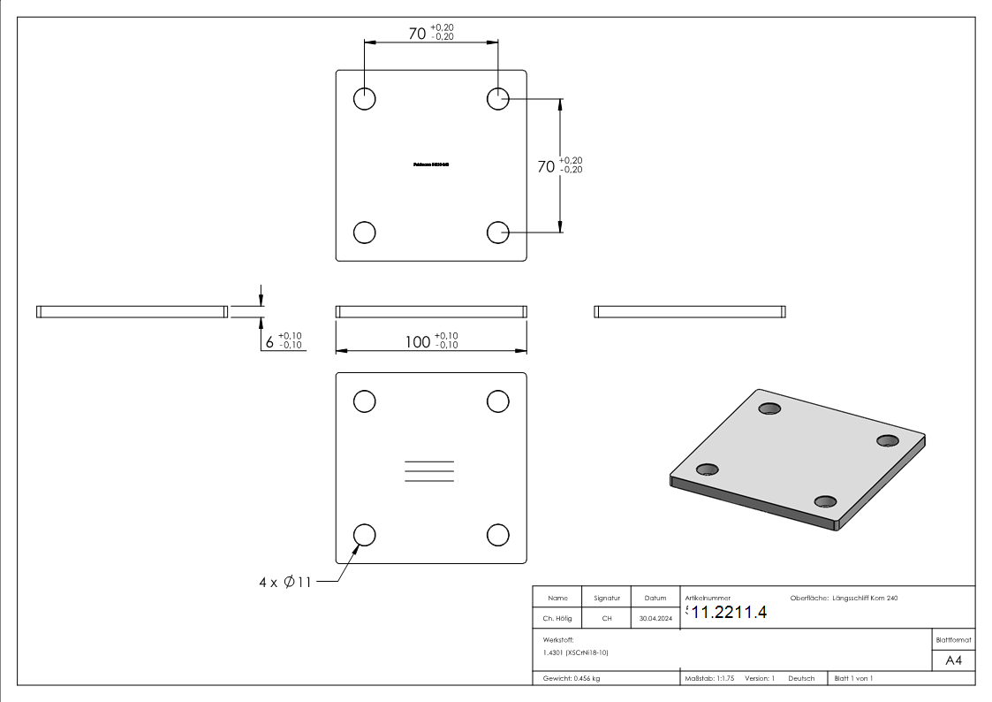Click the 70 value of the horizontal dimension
pyautogui.click(x=417, y=34)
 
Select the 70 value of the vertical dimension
pyautogui.click(x=546, y=166)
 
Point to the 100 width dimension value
pyautogui.click(x=418, y=341)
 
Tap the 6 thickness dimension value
pyautogui.click(x=269, y=341)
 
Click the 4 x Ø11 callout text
pyautogui.click(x=284, y=583)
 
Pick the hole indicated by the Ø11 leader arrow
pyautogui.click(x=365, y=535)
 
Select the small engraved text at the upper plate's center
pyautogui.click(x=431, y=164)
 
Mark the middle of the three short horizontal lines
pyautogui.click(x=429, y=471)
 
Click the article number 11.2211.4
pyautogui.click(x=729, y=614)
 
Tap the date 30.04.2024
pyautogui.click(x=655, y=619)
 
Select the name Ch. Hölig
pyautogui.click(x=557, y=619)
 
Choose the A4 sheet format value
pyautogui.click(x=954, y=660)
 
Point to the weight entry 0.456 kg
pyautogui.click(x=572, y=678)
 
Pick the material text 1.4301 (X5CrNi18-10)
pyautogui.click(x=576, y=652)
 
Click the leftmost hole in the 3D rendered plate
pyautogui.click(x=707, y=469)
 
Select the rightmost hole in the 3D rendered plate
pyautogui.click(x=887, y=440)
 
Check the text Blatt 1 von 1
pyautogui.click(x=853, y=678)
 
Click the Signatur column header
pyautogui.click(x=607, y=599)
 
